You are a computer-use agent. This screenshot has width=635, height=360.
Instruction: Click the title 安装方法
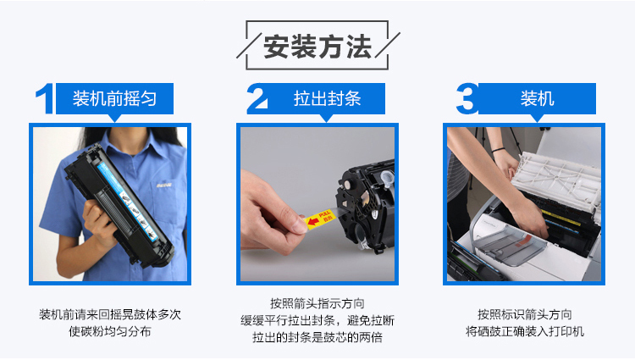[317, 47]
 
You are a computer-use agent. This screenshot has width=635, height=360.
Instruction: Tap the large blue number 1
[47, 98]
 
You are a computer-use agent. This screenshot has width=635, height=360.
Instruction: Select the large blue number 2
[258, 98]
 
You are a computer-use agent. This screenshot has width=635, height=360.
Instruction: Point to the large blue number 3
[467, 98]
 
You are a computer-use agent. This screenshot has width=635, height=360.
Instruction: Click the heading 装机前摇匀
[114, 98]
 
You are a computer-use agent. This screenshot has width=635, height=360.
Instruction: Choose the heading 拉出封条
[327, 98]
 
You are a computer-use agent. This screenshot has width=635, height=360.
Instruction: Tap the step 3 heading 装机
[537, 98]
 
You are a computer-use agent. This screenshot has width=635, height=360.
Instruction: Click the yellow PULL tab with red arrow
[320, 219]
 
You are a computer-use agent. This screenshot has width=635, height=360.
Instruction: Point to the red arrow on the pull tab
[313, 222]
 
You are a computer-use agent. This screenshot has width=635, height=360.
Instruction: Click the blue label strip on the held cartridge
[127, 201]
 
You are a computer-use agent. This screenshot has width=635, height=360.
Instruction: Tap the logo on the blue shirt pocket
[164, 185]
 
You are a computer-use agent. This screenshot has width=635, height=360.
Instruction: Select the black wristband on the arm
[499, 150]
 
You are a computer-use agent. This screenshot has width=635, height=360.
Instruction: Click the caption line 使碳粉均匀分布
[110, 331]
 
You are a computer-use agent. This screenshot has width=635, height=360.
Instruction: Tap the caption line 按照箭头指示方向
[317, 303]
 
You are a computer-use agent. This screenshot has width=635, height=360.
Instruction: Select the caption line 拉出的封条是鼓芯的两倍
[317, 337]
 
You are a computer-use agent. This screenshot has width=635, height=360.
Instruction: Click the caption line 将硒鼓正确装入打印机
[524, 331]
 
